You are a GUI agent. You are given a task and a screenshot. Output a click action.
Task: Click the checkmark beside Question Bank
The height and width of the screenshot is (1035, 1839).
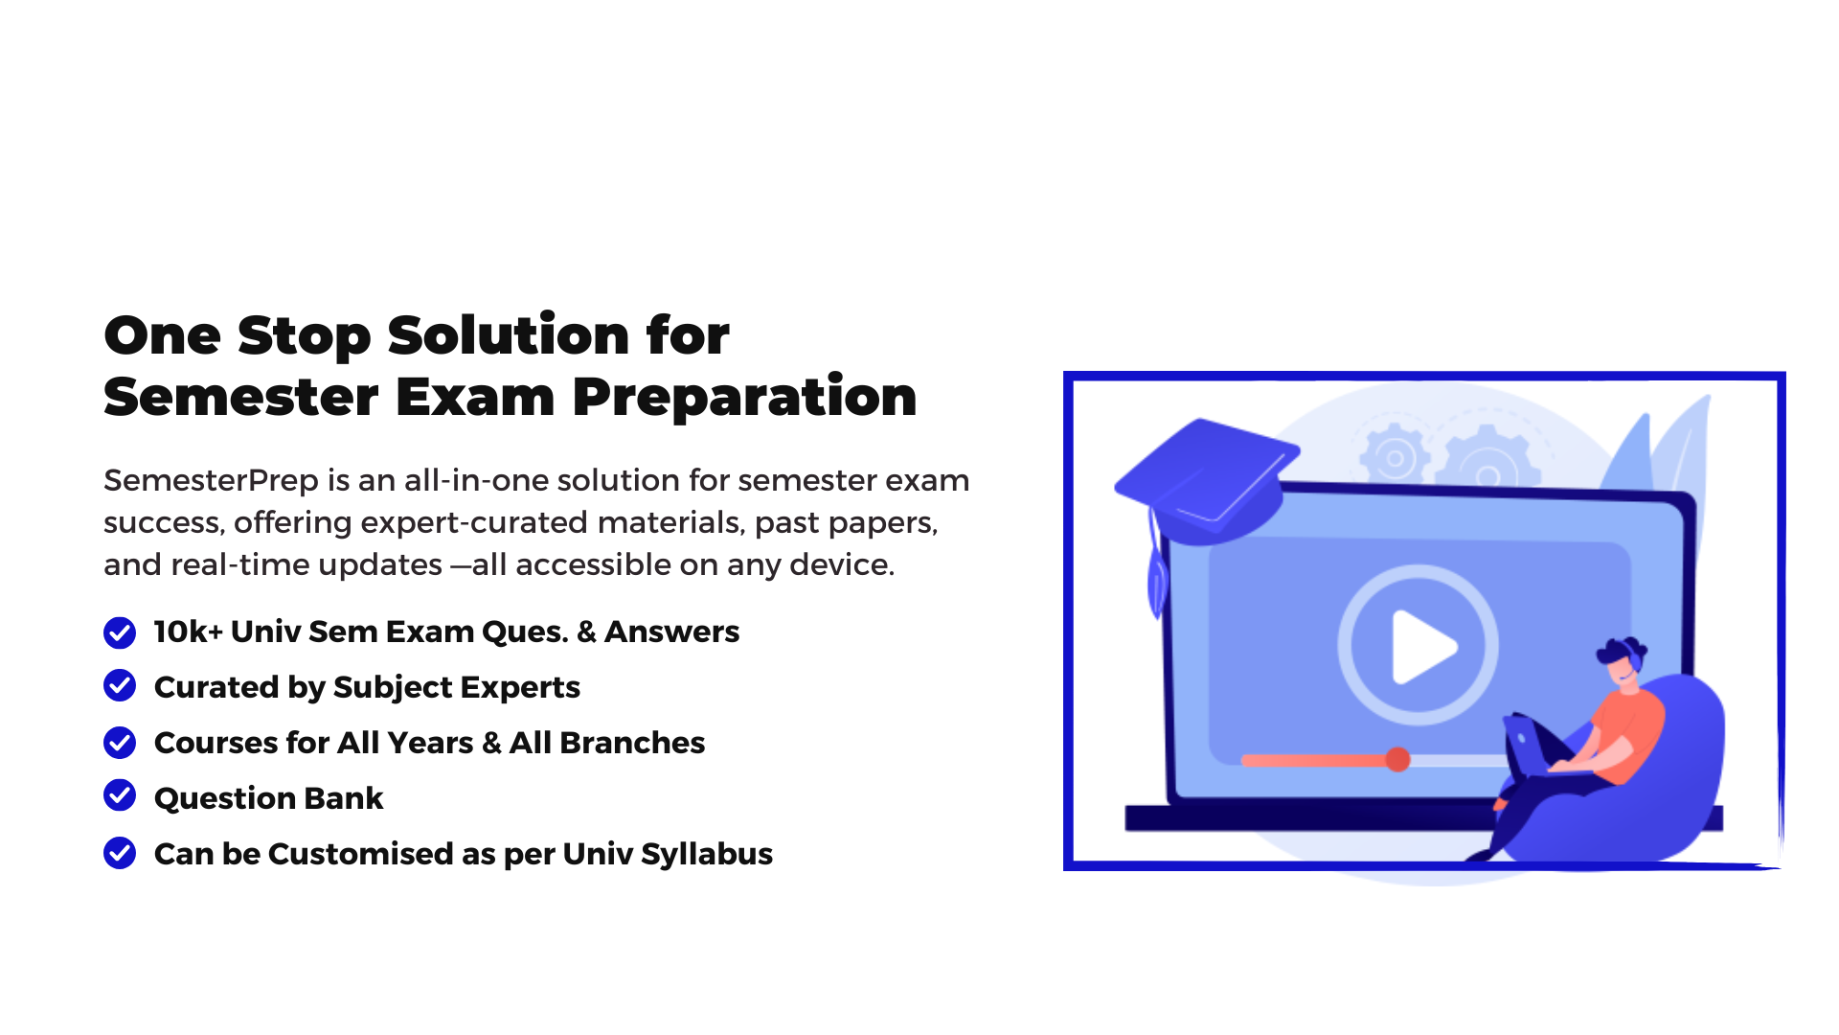pos(120,795)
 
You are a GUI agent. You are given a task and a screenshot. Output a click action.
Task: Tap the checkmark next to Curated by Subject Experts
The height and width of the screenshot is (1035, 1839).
pos(120,685)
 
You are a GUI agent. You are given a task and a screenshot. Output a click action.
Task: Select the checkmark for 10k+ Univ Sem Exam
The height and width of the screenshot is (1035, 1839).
pos(120,632)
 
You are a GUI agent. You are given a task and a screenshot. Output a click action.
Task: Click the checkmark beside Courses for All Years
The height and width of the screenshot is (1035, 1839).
pos(120,742)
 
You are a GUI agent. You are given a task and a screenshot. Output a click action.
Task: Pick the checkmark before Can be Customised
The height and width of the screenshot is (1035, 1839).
pos(120,852)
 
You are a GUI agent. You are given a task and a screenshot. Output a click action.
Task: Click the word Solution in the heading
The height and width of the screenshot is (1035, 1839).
pos(508,335)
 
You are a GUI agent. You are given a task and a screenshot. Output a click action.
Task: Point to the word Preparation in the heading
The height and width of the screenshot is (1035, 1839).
pos(744,397)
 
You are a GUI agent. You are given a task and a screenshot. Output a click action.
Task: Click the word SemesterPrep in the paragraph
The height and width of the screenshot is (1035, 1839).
pos(211,480)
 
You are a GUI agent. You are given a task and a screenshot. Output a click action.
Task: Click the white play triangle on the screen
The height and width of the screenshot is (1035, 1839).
pos(1423,648)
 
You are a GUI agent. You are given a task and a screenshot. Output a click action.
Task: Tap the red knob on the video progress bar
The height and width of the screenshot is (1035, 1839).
pos(1397,760)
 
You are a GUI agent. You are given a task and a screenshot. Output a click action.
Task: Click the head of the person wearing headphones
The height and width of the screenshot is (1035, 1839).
pos(1623,660)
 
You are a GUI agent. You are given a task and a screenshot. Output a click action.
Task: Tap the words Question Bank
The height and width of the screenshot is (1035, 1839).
pos(268,798)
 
